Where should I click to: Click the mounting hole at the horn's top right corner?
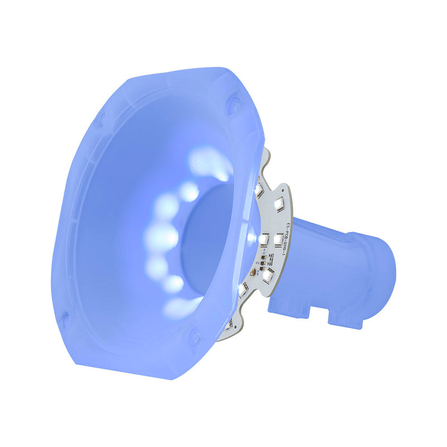coord(234,103)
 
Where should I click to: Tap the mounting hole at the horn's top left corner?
coord(99,118)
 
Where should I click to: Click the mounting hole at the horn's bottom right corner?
coord(195,336)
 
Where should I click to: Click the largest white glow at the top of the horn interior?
coord(210,162)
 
